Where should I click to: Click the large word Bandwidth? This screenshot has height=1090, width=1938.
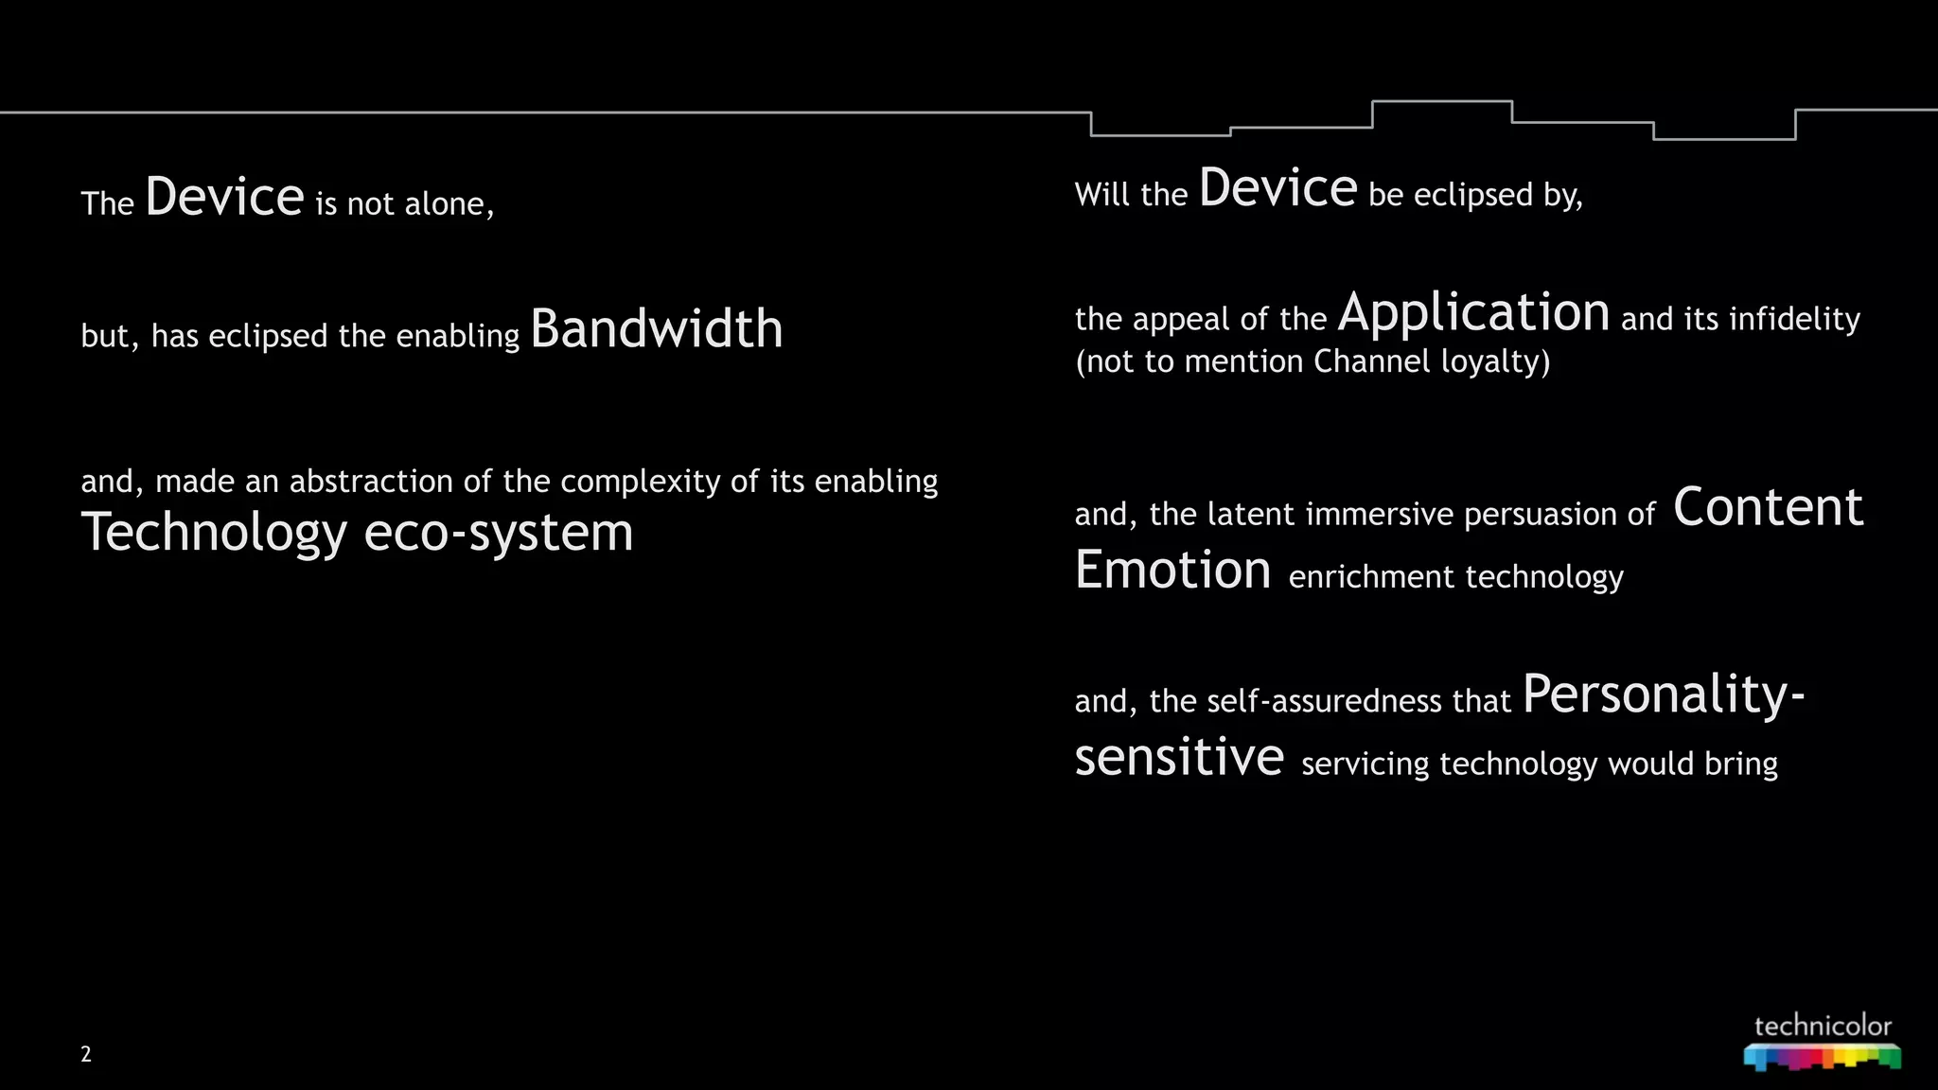[x=656, y=329]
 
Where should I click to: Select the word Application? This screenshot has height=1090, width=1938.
[x=1473, y=313]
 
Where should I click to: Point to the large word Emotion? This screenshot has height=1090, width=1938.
[x=1172, y=570]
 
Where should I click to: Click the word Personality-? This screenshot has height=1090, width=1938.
[x=1664, y=694]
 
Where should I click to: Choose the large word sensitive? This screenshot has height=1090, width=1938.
[x=1179, y=757]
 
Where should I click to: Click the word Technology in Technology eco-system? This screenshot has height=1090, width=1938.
[x=214, y=533]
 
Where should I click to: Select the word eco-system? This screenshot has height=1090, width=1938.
[x=499, y=533]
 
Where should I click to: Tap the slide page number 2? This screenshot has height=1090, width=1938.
[x=86, y=1054]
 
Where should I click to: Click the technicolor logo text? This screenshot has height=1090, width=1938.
[x=1823, y=1027]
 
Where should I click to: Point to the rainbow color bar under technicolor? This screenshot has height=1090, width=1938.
[x=1823, y=1057]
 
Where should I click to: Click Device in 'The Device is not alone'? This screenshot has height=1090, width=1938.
[x=224, y=197]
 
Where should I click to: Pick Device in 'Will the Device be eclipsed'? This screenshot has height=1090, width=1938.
[x=1277, y=187]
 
